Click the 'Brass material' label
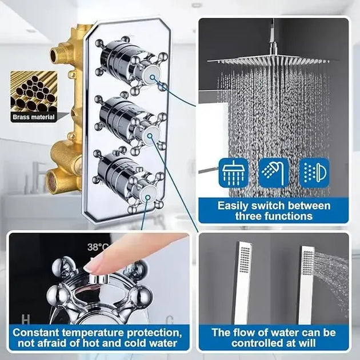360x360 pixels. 34,118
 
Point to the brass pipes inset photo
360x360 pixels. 34,91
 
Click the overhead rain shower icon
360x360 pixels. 233,172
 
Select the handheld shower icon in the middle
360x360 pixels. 274,172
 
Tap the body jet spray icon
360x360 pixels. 314,172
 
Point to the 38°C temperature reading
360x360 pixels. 98,247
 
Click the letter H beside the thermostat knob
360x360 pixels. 25,319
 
